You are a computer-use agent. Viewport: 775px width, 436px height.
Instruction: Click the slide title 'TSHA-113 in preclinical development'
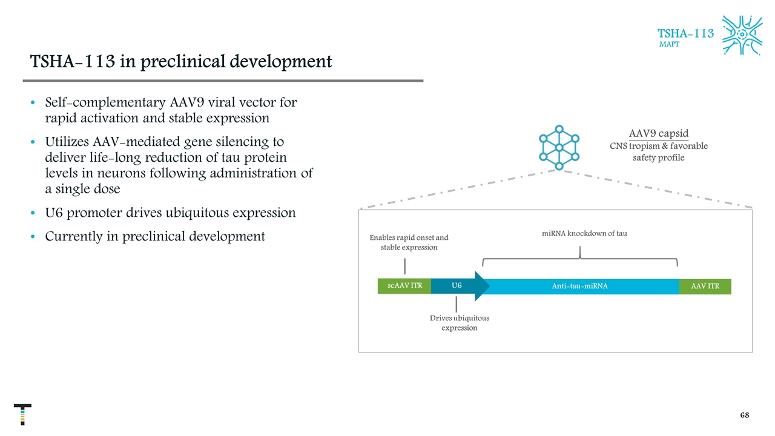(181, 62)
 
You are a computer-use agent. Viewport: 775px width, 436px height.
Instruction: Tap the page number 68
(745, 415)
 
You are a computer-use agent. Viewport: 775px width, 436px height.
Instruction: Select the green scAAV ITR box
(404, 286)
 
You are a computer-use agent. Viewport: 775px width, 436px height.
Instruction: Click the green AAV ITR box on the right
(705, 286)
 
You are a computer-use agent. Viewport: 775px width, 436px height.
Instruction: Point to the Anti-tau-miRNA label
(579, 286)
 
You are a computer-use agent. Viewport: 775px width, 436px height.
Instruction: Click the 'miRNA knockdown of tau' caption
(584, 234)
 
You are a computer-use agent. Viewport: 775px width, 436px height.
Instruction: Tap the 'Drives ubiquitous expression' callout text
(459, 323)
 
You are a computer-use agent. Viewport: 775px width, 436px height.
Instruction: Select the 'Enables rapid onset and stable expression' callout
(409, 242)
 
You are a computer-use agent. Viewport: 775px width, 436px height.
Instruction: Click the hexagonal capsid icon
(559, 147)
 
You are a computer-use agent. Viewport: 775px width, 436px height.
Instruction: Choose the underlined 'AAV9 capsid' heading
(658, 133)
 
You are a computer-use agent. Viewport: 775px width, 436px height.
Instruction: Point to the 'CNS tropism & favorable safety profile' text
(658, 152)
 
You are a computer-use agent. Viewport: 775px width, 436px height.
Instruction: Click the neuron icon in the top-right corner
(742, 35)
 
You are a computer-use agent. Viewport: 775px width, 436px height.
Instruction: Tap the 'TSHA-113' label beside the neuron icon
(685, 33)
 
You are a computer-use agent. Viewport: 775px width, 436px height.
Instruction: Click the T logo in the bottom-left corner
(22, 414)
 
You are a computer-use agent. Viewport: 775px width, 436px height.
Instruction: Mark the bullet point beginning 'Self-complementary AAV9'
(171, 110)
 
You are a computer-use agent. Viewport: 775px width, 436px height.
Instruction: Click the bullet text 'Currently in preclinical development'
(155, 236)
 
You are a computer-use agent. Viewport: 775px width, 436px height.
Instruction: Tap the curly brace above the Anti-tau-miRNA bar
(580, 257)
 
